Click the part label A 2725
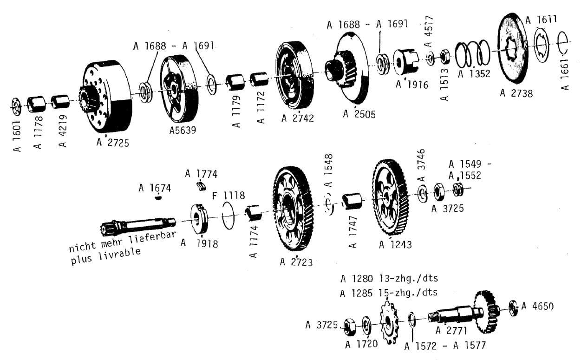[113, 142]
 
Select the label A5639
[183, 131]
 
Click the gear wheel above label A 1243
[390, 197]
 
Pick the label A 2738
[516, 93]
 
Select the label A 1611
[541, 20]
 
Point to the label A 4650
[537, 306]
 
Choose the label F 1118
[228, 195]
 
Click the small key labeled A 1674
[158, 198]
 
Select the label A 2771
[451, 330]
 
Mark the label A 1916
[412, 85]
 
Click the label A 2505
[359, 114]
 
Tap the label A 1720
[361, 344]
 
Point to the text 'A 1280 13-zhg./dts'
[389, 279]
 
